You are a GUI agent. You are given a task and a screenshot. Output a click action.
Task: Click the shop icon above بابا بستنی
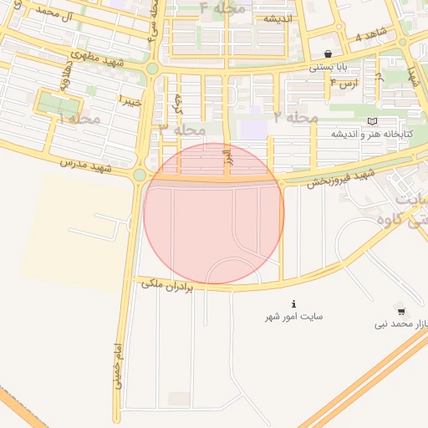(x=327, y=53)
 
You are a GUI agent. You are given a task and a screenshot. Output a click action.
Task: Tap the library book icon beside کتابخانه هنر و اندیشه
(x=372, y=122)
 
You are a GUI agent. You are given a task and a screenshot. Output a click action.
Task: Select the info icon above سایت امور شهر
(x=293, y=303)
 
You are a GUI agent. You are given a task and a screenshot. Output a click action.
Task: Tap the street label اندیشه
(x=277, y=18)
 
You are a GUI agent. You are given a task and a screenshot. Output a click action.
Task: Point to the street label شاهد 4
(x=371, y=37)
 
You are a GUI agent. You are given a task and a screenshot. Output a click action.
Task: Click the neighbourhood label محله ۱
(x=79, y=119)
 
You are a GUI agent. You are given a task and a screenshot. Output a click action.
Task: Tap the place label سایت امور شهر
(x=294, y=318)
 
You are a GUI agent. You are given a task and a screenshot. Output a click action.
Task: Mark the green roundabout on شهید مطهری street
(x=151, y=69)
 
